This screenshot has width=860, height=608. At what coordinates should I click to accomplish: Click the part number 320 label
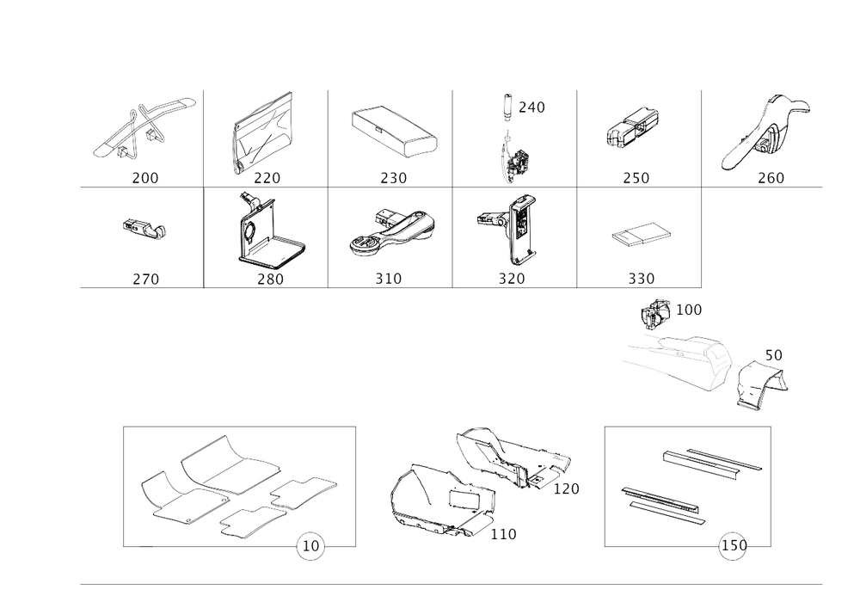click(x=514, y=279)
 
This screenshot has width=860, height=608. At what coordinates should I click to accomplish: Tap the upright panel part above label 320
click(x=521, y=228)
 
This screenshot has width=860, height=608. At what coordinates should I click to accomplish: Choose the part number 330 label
click(x=641, y=279)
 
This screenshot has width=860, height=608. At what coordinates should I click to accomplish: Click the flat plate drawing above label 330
click(x=642, y=233)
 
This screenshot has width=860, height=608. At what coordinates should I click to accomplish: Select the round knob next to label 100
click(x=657, y=311)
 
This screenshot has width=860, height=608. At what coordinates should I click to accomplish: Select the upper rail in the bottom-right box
click(x=709, y=463)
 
